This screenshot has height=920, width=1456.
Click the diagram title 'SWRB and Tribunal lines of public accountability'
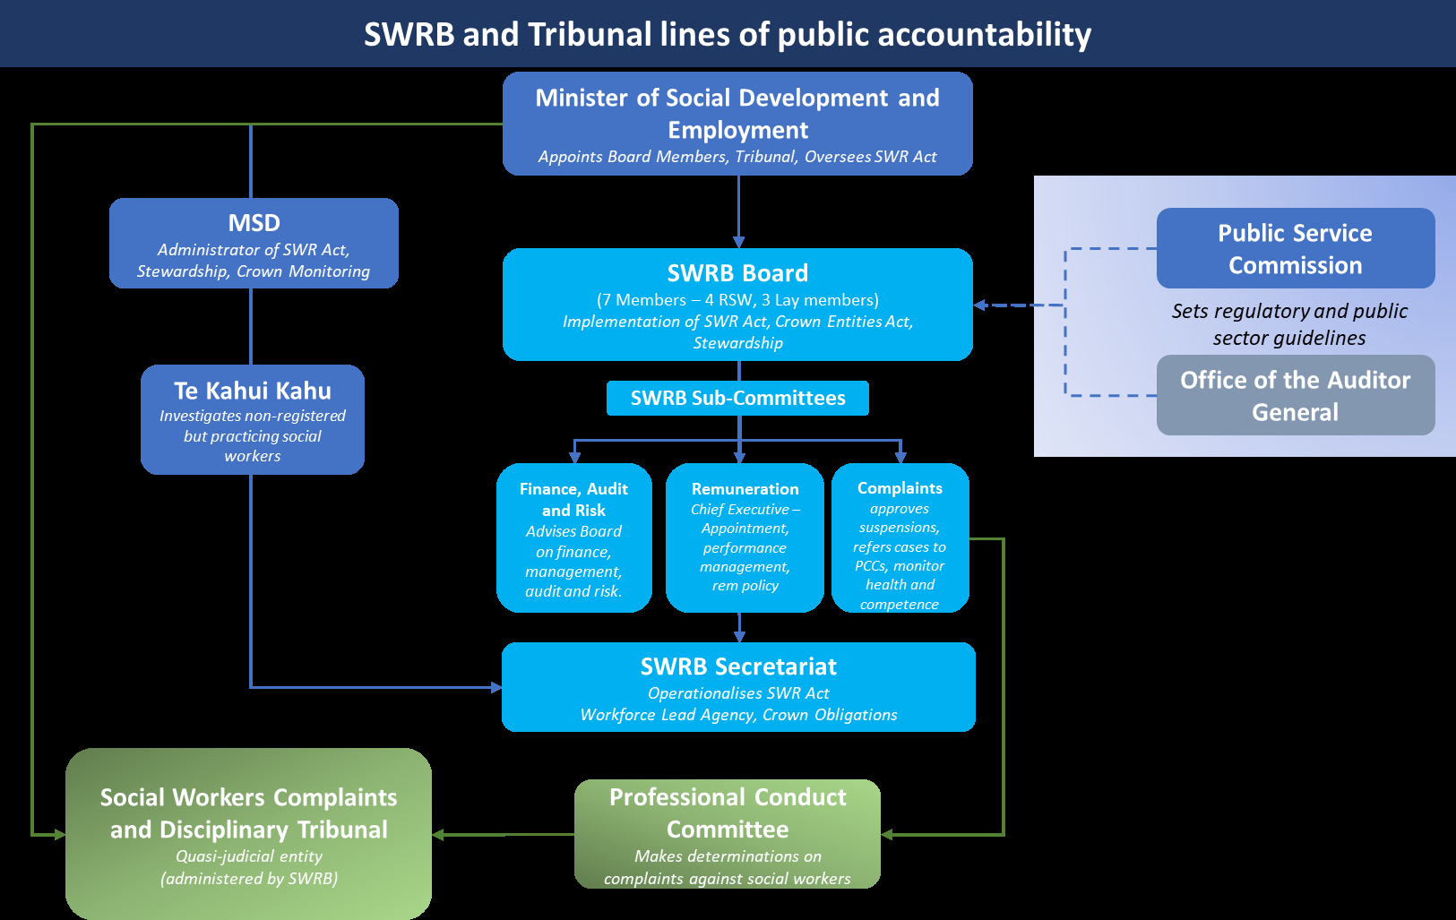727,34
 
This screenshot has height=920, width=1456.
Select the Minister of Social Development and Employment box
737,124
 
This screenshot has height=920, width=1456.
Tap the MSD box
254,243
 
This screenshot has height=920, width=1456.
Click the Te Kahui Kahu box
253,419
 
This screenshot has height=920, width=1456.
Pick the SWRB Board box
737,305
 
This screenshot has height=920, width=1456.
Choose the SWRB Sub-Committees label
737,398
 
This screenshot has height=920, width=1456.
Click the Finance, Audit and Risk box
573,537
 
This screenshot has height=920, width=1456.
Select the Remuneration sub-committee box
745,537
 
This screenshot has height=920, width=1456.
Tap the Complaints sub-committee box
900,537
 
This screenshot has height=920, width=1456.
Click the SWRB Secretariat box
738,687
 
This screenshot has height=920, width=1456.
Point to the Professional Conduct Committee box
727,834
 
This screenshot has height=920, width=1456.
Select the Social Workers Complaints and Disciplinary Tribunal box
248,834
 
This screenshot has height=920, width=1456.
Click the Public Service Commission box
1295,248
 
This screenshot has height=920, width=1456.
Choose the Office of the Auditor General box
1295,395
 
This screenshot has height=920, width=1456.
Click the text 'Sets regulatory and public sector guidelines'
1289,323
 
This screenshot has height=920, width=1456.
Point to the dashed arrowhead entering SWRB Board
980,305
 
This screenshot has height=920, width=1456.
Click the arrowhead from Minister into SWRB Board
738,242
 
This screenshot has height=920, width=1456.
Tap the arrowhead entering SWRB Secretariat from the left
495,687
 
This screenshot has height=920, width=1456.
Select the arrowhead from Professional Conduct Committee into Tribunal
439,834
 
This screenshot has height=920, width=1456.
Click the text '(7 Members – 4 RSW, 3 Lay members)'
737,299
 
